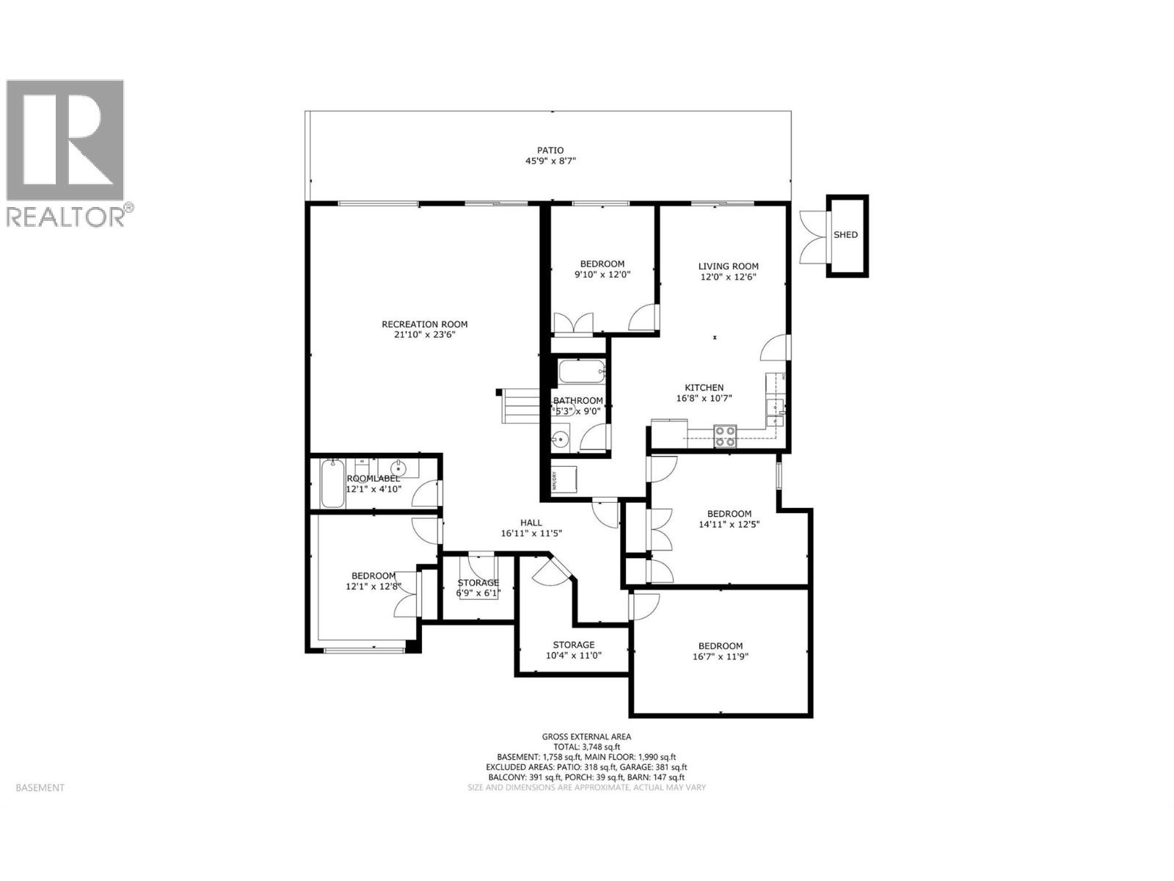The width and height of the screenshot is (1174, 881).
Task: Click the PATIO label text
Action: click(x=550, y=151)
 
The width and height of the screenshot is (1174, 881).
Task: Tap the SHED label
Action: click(x=845, y=235)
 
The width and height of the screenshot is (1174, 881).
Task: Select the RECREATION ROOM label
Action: click(x=424, y=324)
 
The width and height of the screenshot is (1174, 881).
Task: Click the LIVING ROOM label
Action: click(x=728, y=267)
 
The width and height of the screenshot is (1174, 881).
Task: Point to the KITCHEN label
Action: click(x=704, y=388)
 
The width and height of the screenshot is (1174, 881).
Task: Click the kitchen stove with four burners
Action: click(x=726, y=436)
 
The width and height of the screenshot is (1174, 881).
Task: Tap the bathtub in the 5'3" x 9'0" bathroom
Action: click(x=582, y=371)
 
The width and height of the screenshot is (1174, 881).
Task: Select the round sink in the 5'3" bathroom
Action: click(x=561, y=440)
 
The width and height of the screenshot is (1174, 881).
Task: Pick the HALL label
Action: click(x=531, y=523)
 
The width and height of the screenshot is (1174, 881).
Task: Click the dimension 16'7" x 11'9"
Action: click(x=720, y=657)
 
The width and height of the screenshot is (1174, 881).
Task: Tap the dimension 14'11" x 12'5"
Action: click(x=729, y=524)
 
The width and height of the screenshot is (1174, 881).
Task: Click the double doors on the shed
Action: click(x=813, y=235)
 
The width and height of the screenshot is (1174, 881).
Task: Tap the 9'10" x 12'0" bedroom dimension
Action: click(x=602, y=274)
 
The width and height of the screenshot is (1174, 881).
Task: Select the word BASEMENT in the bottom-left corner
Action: click(x=40, y=788)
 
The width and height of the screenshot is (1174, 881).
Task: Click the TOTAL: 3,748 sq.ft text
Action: click(x=586, y=747)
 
